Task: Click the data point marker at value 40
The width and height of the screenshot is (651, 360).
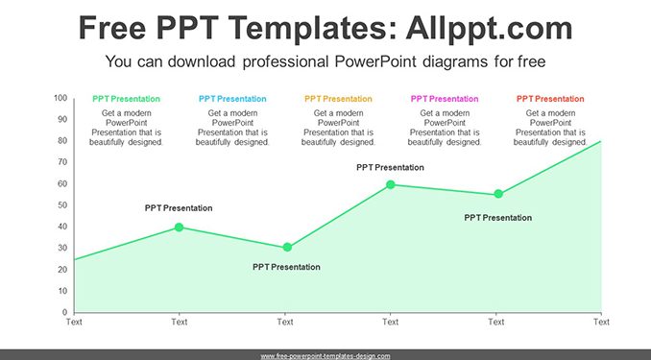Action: coord(179,228)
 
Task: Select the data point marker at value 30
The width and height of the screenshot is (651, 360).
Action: coord(287,248)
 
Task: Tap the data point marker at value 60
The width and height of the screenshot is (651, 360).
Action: coord(390,184)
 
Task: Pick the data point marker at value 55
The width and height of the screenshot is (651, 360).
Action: coord(498,194)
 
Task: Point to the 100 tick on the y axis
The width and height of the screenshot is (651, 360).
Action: coord(60,98)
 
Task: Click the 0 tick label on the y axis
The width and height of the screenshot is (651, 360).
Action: coord(64,312)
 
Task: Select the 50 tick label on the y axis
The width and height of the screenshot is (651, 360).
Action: coord(62,205)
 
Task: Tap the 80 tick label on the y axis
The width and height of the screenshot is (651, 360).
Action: coord(62,141)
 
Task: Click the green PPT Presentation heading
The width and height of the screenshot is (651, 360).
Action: coord(126,99)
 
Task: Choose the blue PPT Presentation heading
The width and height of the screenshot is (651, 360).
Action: coord(232,99)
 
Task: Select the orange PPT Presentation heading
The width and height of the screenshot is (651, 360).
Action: coord(338,99)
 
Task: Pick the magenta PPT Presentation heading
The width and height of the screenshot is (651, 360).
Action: coord(445,99)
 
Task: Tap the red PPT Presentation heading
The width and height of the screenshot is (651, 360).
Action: coord(550,99)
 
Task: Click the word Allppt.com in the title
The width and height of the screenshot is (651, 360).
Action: coord(489,28)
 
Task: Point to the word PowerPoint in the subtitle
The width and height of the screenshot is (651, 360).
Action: coord(375,61)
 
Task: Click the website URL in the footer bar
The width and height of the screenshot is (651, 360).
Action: coord(325,356)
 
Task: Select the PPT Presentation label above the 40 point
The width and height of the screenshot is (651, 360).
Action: coord(179,208)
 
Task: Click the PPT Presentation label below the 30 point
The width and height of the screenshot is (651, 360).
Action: coord(286,267)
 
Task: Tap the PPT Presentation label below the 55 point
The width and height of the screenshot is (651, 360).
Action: coord(497,218)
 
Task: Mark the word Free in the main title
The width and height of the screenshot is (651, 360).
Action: coord(112,28)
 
